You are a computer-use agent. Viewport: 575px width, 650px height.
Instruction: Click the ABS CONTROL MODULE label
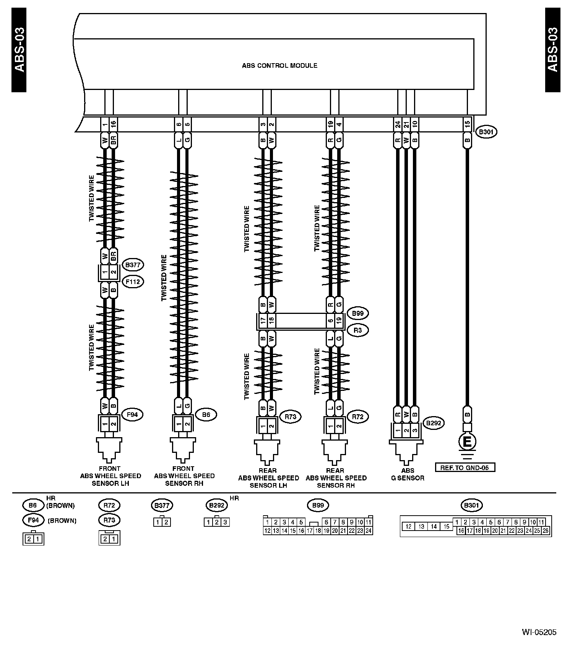click(279, 65)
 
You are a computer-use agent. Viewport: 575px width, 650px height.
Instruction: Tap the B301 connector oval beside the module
click(486, 132)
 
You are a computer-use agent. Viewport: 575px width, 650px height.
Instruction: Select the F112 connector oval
click(132, 282)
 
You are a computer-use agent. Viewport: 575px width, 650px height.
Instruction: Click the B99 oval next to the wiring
click(357, 314)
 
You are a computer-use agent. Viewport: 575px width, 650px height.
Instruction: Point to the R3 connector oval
click(357, 330)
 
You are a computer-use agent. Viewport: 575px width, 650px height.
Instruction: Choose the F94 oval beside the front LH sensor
click(132, 415)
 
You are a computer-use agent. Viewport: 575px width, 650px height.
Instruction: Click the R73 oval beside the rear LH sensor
click(291, 417)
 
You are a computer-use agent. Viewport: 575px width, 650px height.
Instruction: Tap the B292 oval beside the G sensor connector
click(434, 423)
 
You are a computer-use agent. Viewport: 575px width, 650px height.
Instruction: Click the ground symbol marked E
click(467, 442)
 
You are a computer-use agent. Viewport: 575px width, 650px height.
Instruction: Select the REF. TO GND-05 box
click(465, 467)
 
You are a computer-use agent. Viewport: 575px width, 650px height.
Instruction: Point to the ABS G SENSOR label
click(408, 474)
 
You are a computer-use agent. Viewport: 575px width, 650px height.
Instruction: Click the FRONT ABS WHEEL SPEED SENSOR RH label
click(184, 476)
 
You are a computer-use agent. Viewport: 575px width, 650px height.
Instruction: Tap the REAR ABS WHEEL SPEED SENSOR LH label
click(268, 478)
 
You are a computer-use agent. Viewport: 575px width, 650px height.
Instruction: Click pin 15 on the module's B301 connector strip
click(467, 124)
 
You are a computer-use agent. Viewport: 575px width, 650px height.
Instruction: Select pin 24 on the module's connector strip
click(398, 124)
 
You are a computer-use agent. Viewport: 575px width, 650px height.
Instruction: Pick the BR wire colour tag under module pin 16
click(113, 140)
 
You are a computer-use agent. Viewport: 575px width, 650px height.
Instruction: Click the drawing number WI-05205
click(539, 632)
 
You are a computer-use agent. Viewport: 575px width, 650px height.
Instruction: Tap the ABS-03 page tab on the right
click(552, 50)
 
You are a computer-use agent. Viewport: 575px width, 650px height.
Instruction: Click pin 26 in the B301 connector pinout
click(546, 531)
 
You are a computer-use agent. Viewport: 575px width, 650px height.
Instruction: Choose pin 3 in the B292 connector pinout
click(225, 522)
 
